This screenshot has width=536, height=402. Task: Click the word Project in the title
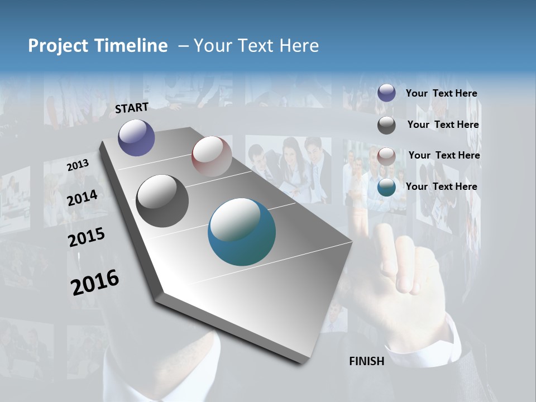57,46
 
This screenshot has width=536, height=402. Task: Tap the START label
132,108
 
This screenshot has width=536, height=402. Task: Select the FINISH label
367,361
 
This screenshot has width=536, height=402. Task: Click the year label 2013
78,165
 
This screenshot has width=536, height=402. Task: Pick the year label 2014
82,198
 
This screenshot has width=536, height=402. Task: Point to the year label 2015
87,237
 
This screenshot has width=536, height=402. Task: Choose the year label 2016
95,283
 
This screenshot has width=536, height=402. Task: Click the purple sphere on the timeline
136,138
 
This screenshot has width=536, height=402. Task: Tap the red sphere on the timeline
212,156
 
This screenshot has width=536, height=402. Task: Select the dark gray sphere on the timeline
162,201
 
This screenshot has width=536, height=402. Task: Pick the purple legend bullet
386,93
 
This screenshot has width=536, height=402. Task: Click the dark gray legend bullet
386,125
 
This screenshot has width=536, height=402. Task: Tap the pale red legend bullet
386,156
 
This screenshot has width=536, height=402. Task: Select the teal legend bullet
386,187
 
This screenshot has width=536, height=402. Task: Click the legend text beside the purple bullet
441,94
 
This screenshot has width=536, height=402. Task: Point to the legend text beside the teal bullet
441,186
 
